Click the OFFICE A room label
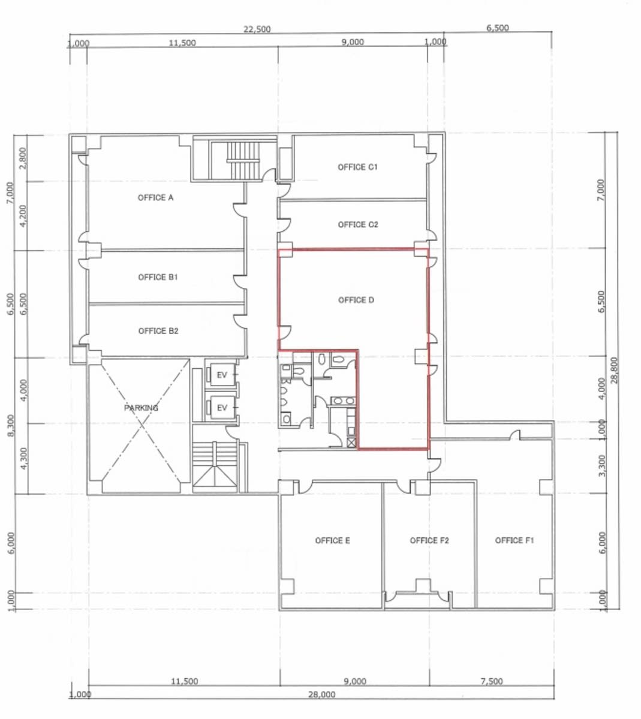tap(155, 198)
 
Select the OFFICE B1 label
tap(158, 277)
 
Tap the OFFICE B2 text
tap(158, 330)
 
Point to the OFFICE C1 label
tap(357, 167)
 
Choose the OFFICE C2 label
tap(358, 224)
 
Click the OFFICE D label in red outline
tap(356, 300)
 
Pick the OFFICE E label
tap(332, 541)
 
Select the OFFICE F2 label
tap(429, 541)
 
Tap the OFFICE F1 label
tap(514, 540)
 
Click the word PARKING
tap(142, 408)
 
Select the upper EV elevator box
tap(222, 375)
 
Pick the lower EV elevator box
tap(222, 408)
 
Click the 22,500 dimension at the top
tap(257, 29)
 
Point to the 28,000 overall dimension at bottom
tap(321, 694)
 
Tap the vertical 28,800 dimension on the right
tap(615, 369)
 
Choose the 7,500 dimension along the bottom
tap(492, 681)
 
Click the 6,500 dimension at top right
tap(498, 28)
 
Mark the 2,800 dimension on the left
tap(23, 158)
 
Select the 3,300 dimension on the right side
tap(602, 465)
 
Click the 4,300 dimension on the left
tap(24, 458)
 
